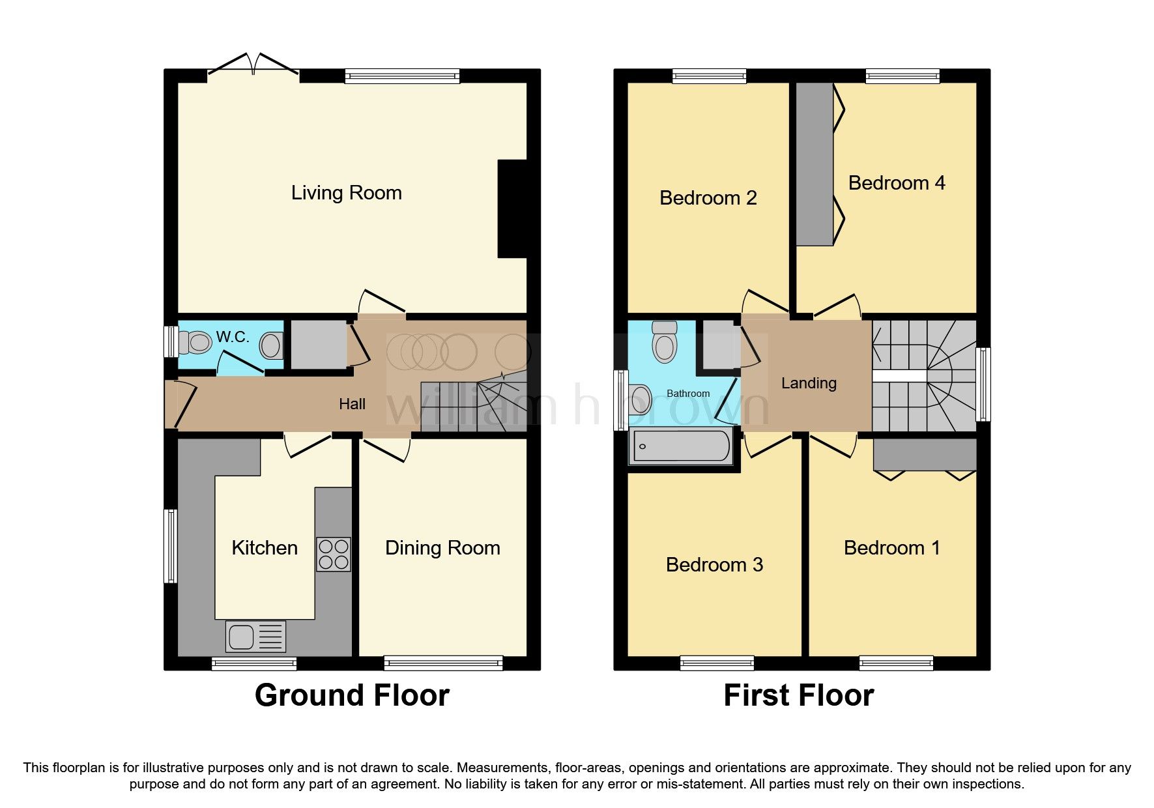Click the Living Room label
(x=346, y=193)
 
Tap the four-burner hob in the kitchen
(x=333, y=554)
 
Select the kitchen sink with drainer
(x=255, y=636)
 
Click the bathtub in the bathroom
(x=681, y=446)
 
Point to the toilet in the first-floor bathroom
(x=664, y=342)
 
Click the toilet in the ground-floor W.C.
(x=196, y=342)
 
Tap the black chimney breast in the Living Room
(x=512, y=209)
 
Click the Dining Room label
(x=442, y=548)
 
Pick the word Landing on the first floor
(x=809, y=383)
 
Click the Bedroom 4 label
(x=897, y=183)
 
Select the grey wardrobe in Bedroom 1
(x=925, y=454)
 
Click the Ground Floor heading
(x=352, y=695)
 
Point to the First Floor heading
(x=798, y=695)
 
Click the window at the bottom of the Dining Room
(x=443, y=663)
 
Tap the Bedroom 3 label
(x=714, y=564)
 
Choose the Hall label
(x=352, y=404)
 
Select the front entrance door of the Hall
(x=181, y=404)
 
